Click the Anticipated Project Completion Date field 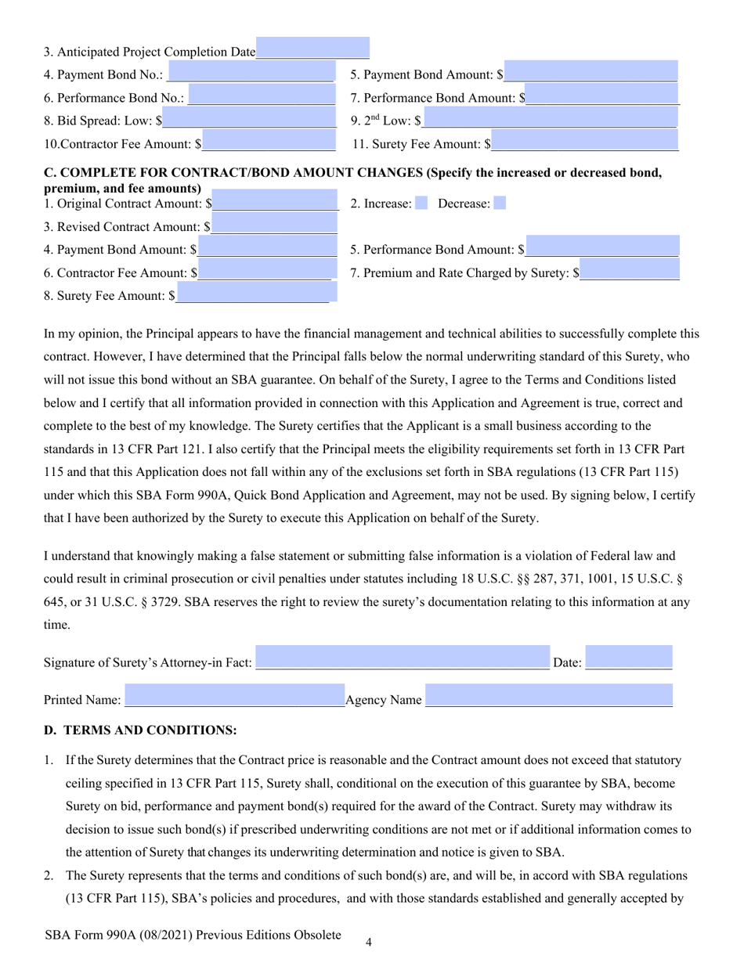tap(312, 49)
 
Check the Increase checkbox tap(421, 204)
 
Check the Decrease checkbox tap(500, 204)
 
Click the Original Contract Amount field tap(276, 201)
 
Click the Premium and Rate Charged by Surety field tap(630, 270)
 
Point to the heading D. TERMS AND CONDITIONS tap(140, 730)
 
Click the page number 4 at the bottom tap(368, 943)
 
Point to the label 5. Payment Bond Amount tap(426, 75)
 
